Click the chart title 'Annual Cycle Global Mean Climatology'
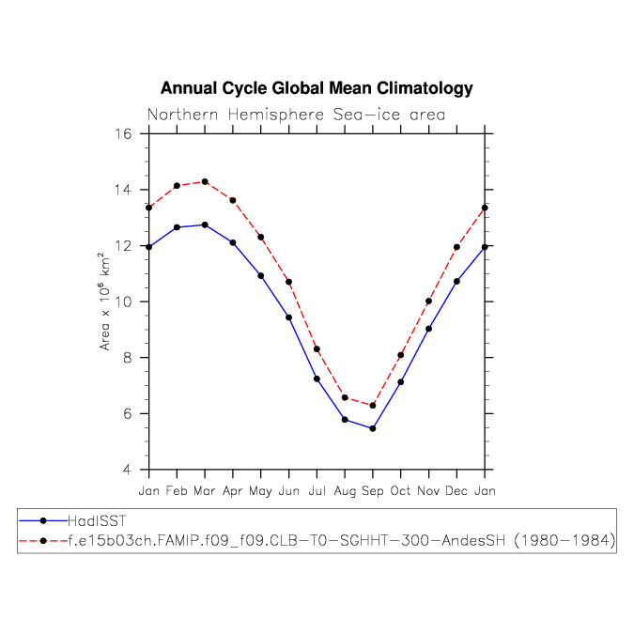pyautogui.click(x=317, y=88)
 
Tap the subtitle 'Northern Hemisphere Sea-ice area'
pyautogui.click(x=296, y=115)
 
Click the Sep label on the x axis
pyautogui.click(x=373, y=490)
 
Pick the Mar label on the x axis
pyautogui.click(x=205, y=490)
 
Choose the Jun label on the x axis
pyautogui.click(x=288, y=490)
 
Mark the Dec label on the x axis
pyautogui.click(x=456, y=490)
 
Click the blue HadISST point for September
pyautogui.click(x=373, y=428)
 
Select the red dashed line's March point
pyautogui.click(x=205, y=181)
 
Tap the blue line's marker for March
pyautogui.click(x=205, y=224)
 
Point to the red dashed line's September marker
pyautogui.click(x=373, y=406)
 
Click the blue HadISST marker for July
pyautogui.click(x=317, y=379)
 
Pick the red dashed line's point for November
pyautogui.click(x=428, y=302)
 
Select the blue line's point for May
pyautogui.click(x=260, y=275)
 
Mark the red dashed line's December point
pyautogui.click(x=456, y=247)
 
